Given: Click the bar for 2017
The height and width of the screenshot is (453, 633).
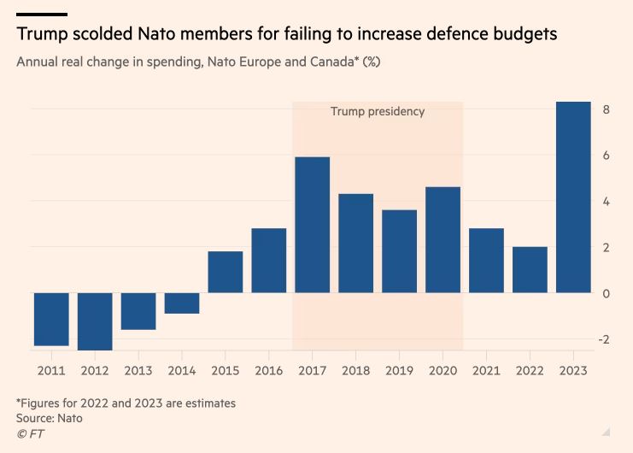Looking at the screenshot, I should point(313,225).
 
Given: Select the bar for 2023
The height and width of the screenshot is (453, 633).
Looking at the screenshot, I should point(573,197).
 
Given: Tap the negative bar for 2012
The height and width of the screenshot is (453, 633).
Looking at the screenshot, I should point(95,321).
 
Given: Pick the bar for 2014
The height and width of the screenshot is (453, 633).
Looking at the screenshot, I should point(182,303).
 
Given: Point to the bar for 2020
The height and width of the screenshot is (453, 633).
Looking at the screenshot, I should point(443,240).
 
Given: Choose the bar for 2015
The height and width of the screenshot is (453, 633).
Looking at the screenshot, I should point(226,272).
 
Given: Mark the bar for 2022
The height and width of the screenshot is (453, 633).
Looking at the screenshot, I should point(530,270).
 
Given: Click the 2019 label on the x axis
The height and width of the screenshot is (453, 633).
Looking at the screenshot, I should point(400,370).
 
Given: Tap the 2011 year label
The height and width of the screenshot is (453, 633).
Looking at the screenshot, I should point(51,370).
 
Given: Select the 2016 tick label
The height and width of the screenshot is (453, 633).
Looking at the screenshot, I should point(269,370).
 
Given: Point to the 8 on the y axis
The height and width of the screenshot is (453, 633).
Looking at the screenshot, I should point(606,109).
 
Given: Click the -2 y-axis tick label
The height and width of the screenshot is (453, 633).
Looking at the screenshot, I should point(604,339).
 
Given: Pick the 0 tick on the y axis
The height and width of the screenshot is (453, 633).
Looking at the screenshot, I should point(606,293).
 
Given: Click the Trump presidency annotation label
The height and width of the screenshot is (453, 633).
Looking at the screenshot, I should point(378,112).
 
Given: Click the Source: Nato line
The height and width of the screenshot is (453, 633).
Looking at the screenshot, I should point(50,418).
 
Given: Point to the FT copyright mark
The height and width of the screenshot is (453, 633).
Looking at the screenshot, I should point(30,434).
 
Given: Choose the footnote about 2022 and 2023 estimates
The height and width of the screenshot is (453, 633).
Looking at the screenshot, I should point(126,403).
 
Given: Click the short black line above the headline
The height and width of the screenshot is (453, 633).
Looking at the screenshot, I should point(42,14).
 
